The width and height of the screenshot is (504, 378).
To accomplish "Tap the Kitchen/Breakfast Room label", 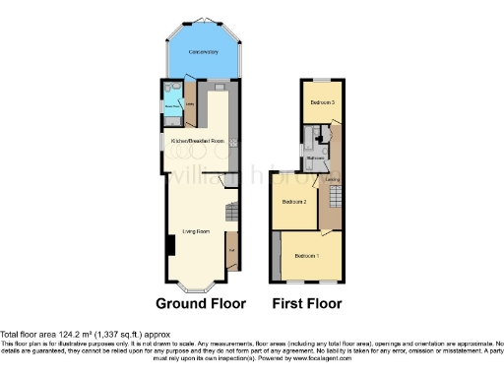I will pyautogui.click(x=199, y=142).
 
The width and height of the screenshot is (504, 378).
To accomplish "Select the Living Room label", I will pyautogui.click(x=196, y=231).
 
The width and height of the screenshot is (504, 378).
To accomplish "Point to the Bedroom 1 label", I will pyautogui.click(x=309, y=257).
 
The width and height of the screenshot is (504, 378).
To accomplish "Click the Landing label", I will pyautogui.click(x=333, y=180).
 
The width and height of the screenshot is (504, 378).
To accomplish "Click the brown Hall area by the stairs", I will pyautogui.click(x=232, y=250).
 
